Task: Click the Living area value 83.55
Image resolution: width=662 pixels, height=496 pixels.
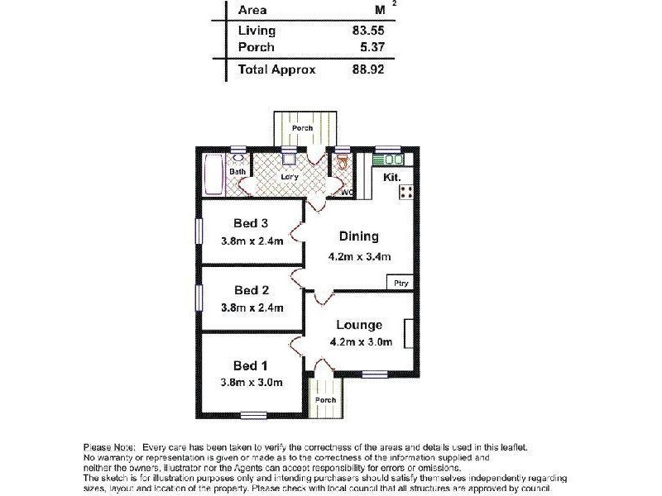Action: click(x=369, y=31)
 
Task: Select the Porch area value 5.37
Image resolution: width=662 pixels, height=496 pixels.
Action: click(x=372, y=48)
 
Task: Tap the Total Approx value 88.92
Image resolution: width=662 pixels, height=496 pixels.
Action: click(x=369, y=70)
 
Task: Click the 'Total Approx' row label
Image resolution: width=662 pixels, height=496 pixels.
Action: click(x=276, y=70)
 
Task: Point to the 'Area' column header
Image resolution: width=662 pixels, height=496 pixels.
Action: click(x=252, y=10)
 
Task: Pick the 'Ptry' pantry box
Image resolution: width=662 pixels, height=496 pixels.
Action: click(x=401, y=284)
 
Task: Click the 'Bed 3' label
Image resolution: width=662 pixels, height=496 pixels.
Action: click(x=251, y=223)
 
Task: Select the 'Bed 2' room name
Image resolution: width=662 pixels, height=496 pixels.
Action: click(x=252, y=290)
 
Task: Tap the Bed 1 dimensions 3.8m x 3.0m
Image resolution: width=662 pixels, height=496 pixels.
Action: click(x=252, y=382)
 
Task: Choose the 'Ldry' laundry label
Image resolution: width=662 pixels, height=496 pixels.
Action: click(x=290, y=176)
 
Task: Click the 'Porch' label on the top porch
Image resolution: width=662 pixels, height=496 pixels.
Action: click(x=302, y=128)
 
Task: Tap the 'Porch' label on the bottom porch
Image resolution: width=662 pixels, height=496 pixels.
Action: click(x=325, y=400)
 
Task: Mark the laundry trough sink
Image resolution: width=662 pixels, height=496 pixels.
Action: click(x=289, y=160)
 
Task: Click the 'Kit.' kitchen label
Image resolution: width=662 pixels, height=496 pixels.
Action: click(x=391, y=178)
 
